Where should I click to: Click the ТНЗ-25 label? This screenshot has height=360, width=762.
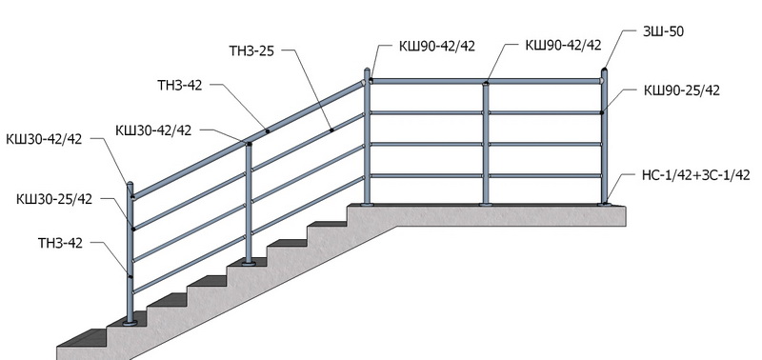(x=251, y=50)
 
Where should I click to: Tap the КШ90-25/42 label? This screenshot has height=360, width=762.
(x=682, y=90)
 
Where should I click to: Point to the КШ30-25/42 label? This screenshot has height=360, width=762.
(x=54, y=199)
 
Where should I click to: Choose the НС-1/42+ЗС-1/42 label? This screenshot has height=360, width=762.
(x=696, y=175)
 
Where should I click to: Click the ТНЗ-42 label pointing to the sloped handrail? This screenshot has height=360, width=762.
(x=180, y=86)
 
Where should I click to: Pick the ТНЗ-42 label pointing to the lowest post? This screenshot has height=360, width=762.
(x=60, y=243)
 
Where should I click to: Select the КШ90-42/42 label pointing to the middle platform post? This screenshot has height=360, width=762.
(x=563, y=45)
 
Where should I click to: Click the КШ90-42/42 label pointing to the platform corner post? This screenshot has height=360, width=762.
(x=437, y=46)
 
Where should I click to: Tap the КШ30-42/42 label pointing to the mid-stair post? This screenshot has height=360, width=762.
(x=153, y=130)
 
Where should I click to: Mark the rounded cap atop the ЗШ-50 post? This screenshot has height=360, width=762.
(x=604, y=70)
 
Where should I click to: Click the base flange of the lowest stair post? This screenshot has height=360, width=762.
(x=130, y=322)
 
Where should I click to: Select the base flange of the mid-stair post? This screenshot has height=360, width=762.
(x=249, y=264)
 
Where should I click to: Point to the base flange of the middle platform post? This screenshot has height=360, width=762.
(x=486, y=205)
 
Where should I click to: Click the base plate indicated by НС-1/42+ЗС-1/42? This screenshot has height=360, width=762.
(x=605, y=205)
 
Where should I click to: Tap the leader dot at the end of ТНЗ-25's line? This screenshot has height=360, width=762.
(x=331, y=130)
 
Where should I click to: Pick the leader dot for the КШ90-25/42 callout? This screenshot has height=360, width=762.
(x=602, y=112)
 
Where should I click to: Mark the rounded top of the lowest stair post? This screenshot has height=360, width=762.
(x=130, y=185)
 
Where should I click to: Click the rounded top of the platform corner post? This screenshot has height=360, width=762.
(x=367, y=70)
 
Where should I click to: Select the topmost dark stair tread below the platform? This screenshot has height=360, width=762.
(x=328, y=224)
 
